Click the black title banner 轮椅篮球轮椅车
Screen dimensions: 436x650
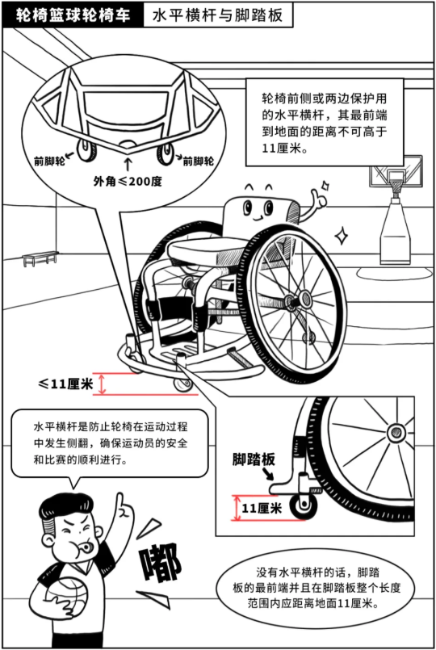[x=73, y=15]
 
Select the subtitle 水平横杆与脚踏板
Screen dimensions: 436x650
[x=217, y=15]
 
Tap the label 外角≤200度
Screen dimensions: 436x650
[x=128, y=181]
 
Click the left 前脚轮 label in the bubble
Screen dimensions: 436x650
[x=49, y=161]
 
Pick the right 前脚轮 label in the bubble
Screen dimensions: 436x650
[x=199, y=161]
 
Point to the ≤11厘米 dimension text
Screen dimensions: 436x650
[x=65, y=384]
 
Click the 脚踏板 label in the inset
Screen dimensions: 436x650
[x=254, y=459]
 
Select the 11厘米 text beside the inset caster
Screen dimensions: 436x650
[x=262, y=508]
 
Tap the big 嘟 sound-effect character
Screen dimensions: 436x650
[x=162, y=563]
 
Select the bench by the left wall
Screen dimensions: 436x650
[x=40, y=258]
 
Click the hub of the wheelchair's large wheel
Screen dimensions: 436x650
[x=305, y=299]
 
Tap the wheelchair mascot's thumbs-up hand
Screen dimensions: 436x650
[x=319, y=198]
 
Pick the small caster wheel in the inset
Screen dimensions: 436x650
[x=304, y=505]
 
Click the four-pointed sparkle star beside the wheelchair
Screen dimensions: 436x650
[x=342, y=237]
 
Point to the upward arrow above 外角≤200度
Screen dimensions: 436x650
[x=128, y=164]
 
